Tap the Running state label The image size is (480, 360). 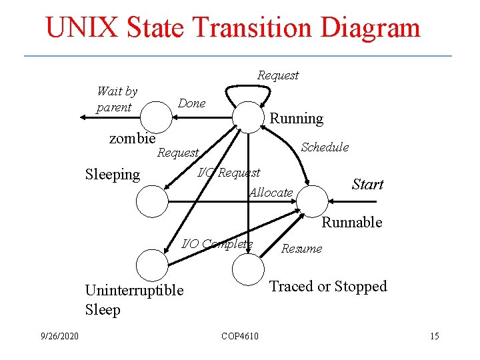click(296, 119)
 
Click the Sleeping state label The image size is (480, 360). click(113, 175)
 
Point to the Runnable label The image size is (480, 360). click(351, 222)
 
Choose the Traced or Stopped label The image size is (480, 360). click(327, 286)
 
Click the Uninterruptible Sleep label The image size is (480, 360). click(134, 300)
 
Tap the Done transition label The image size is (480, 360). click(192, 103)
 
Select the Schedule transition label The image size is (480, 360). click(325, 147)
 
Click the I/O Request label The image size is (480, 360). click(229, 173)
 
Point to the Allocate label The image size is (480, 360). click(271, 193)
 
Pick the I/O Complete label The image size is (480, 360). click(217, 243)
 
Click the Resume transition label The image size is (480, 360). click(301, 249)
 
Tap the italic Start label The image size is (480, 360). click(367, 185)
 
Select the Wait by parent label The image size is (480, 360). click(117, 99)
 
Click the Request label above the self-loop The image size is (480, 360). click(278, 75)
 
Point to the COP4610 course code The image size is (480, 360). click(240, 335)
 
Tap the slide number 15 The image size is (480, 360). click(434, 335)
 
